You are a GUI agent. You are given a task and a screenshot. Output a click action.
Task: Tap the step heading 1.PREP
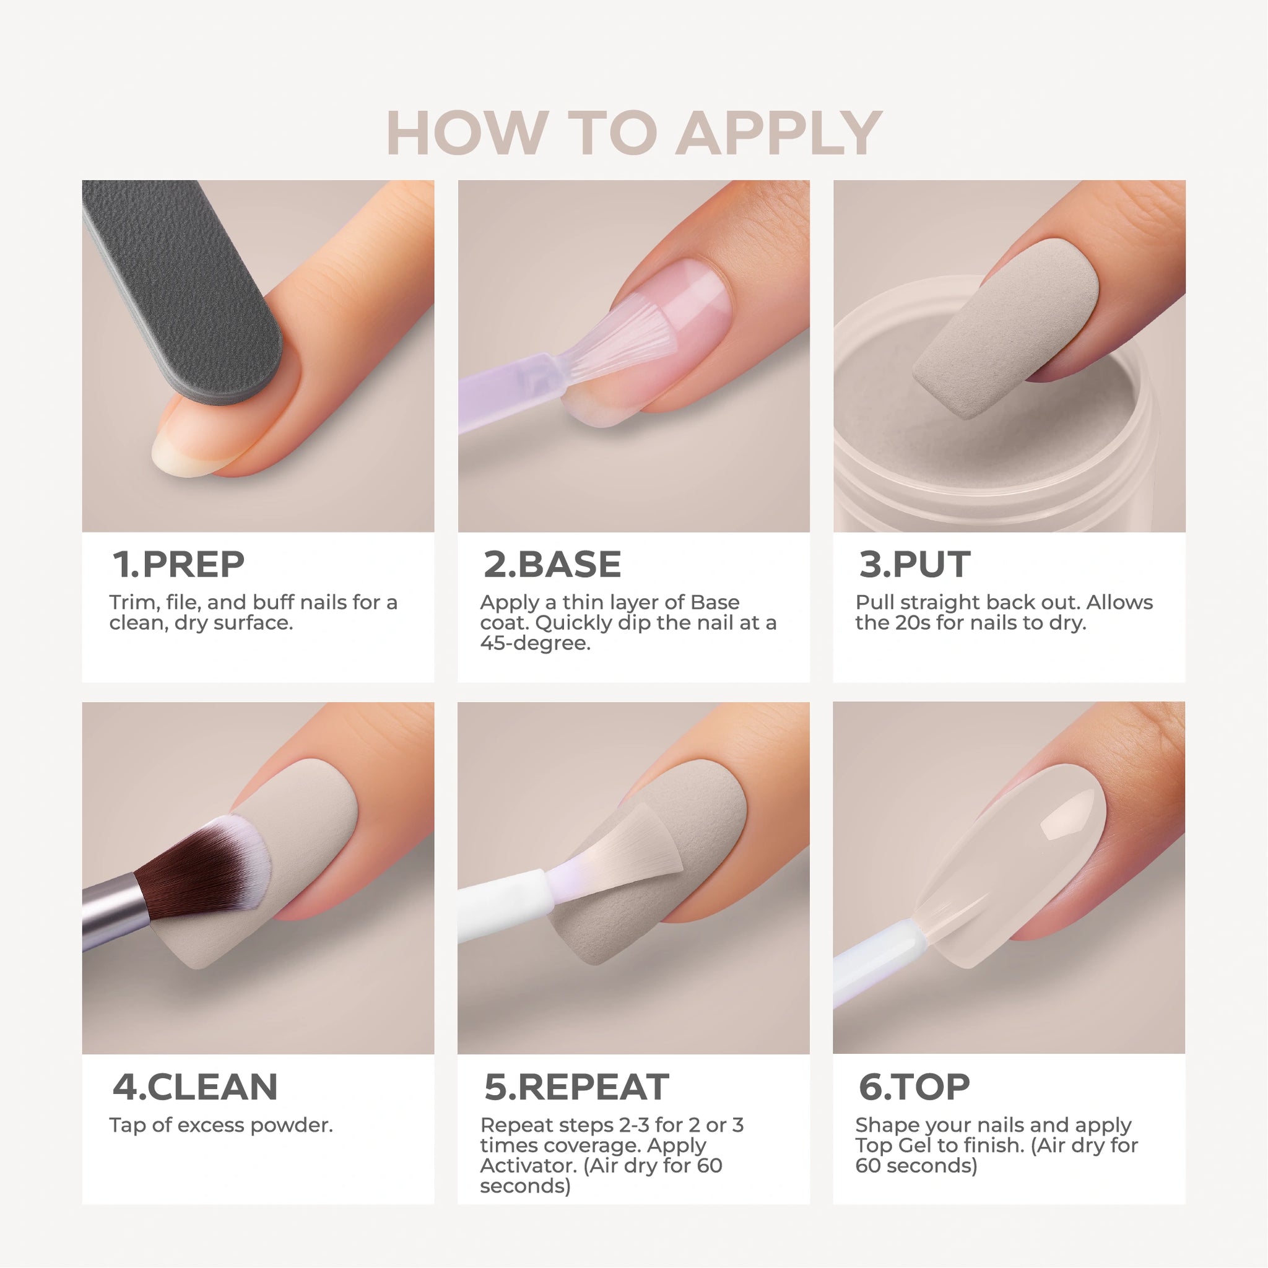(178, 565)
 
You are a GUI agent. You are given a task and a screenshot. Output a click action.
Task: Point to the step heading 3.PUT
(914, 565)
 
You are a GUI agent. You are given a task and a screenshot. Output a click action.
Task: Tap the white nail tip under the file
(181, 453)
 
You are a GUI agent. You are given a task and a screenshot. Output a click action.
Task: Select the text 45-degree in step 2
(535, 643)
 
